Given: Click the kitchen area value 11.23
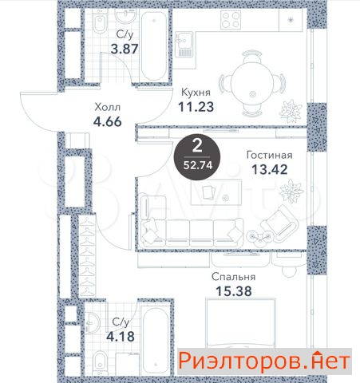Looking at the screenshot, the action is tap(196, 107).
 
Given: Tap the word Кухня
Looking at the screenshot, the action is tap(196, 93).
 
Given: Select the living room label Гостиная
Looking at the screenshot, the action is tap(269, 155).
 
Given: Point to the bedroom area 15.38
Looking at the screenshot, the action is tap(234, 291).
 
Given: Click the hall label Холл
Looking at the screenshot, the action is tap(108, 107).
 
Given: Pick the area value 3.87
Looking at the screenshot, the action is tap(125, 49).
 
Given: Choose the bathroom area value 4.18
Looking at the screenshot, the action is tap(121, 337).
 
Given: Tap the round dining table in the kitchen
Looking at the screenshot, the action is tap(252, 84).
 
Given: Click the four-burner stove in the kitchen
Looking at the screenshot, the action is tap(231, 20).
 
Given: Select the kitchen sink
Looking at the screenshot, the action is tap(184, 44).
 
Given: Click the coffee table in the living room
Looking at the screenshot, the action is tap(216, 192).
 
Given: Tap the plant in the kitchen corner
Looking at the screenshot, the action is tap(291, 111).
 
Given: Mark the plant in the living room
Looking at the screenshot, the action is tap(291, 191).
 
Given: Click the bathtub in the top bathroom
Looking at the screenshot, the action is tap(154, 45).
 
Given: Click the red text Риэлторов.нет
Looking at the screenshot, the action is tap(264, 361).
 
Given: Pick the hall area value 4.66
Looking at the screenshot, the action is tap(108, 122).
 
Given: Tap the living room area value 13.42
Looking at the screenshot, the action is tap(270, 169).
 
